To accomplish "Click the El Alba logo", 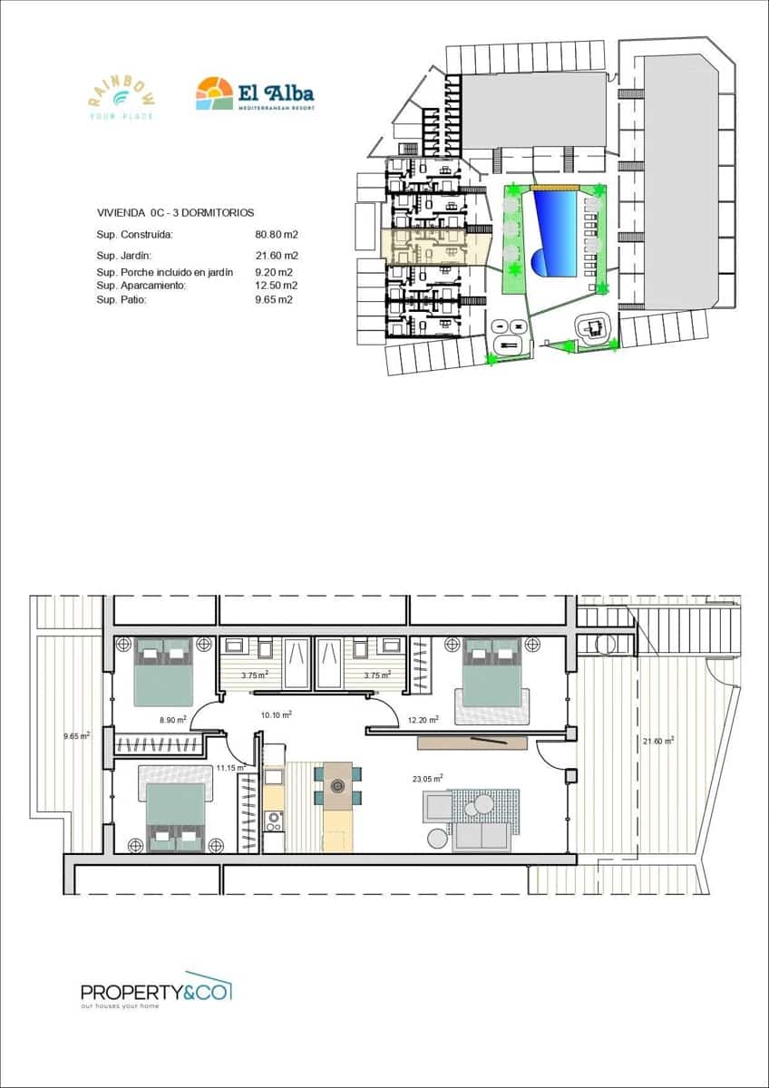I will [255, 93].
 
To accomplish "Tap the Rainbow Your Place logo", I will [121, 95].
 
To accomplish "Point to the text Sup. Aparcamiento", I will [141, 286].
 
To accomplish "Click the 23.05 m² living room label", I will [426, 778].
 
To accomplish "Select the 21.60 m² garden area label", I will [657, 741].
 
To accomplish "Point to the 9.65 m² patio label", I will [76, 736].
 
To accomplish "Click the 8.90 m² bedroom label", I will [173, 719].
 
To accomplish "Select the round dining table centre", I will [338, 787].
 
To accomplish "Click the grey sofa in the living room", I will [481, 836].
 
